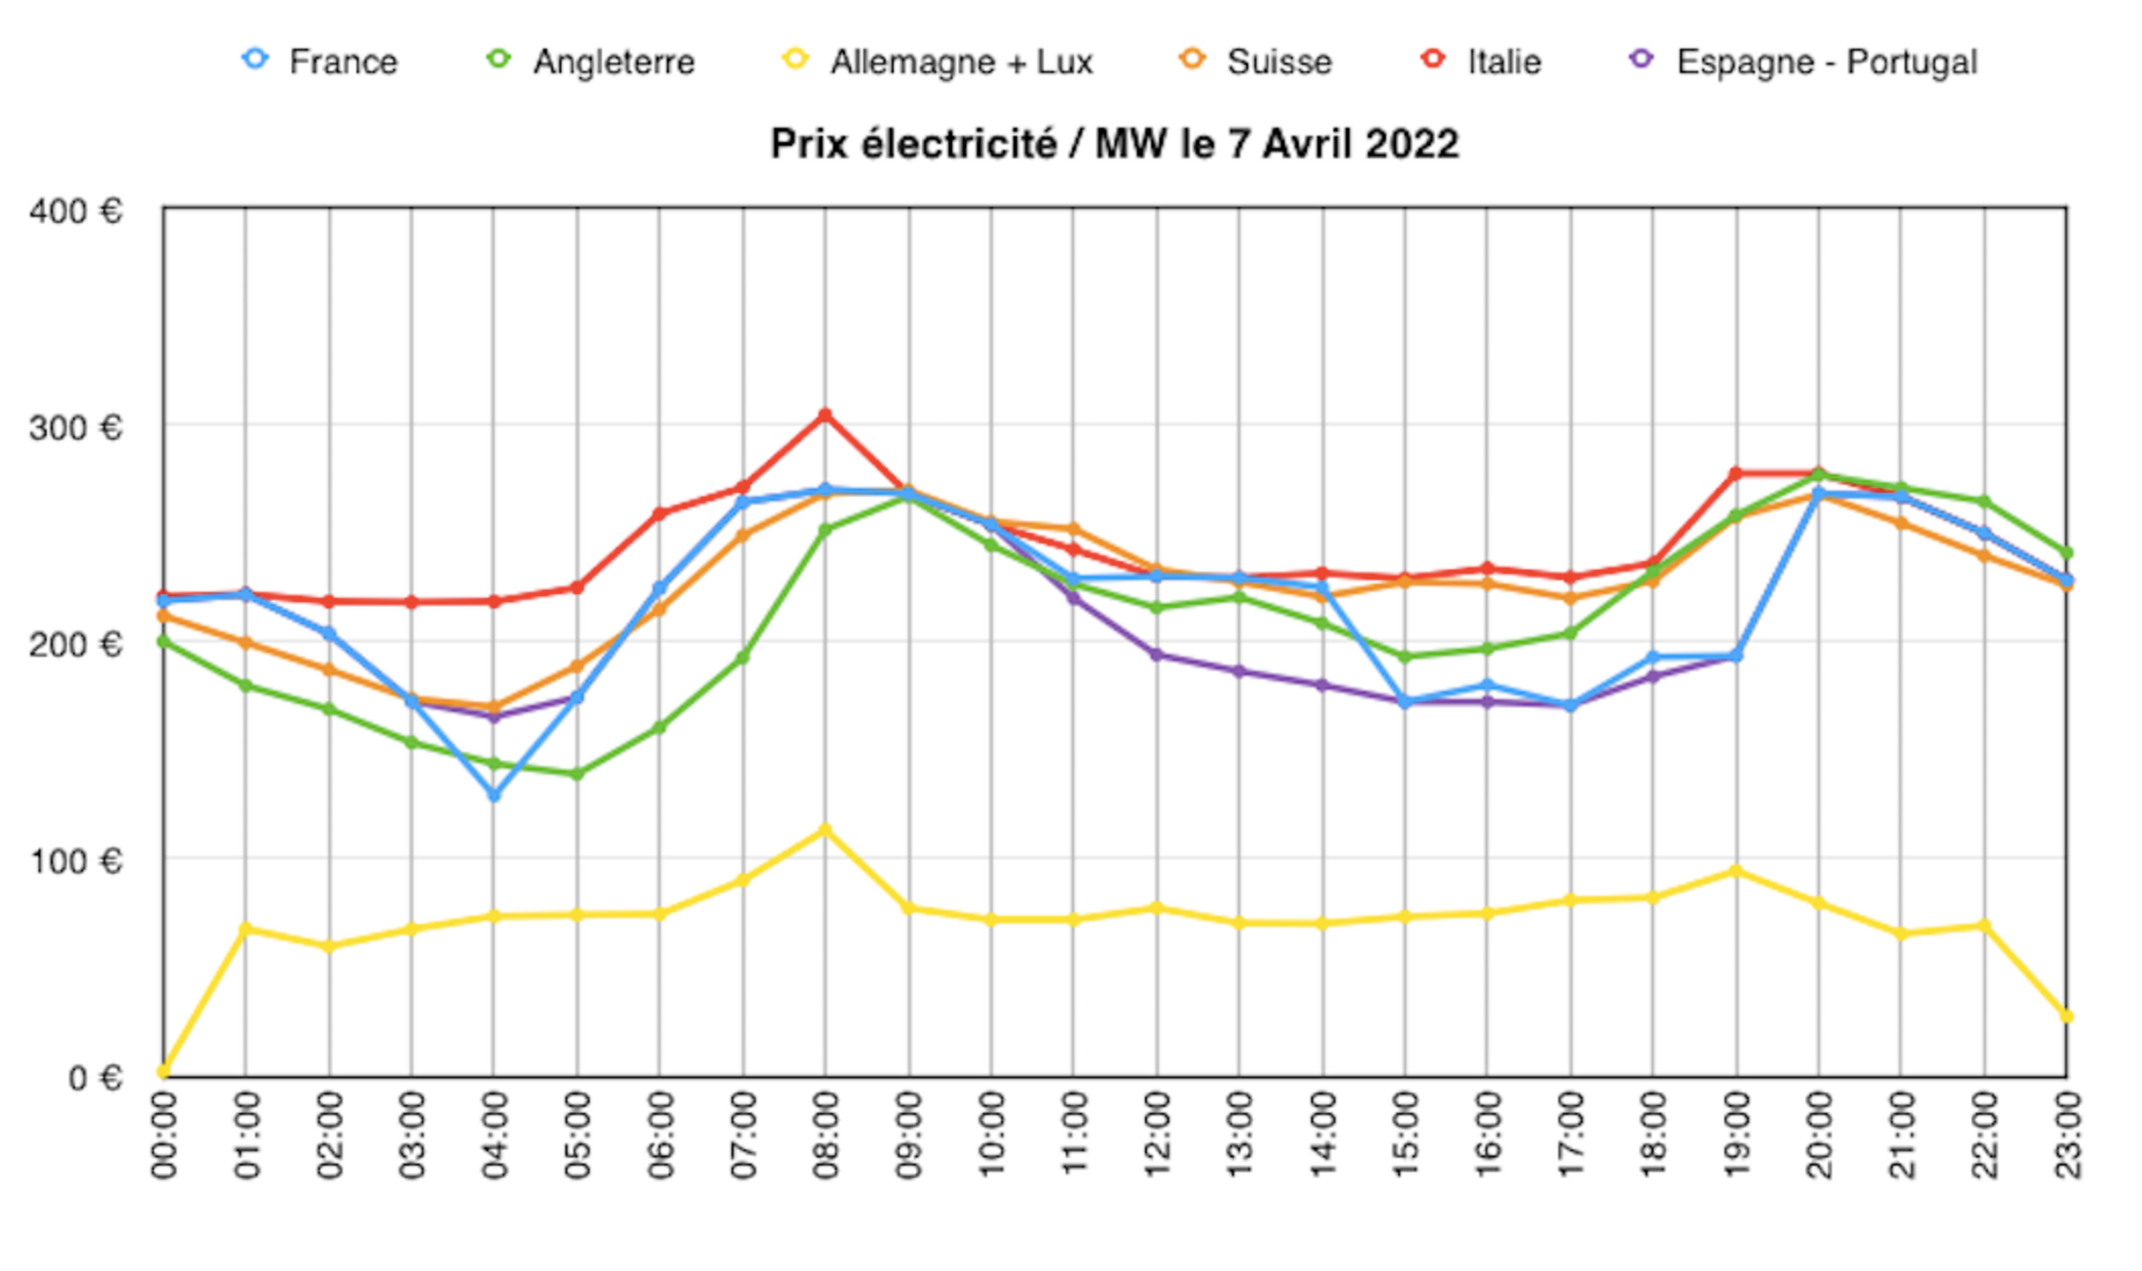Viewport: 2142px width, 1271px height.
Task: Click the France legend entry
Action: point(321,61)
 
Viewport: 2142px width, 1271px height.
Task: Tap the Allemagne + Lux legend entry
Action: point(940,61)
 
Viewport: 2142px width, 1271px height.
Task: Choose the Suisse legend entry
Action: point(1257,61)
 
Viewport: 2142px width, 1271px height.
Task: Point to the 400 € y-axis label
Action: point(76,210)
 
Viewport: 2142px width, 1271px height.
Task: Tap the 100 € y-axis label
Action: point(76,861)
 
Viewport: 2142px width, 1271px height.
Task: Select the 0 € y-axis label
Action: point(94,1077)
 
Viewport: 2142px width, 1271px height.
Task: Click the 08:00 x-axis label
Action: point(826,1135)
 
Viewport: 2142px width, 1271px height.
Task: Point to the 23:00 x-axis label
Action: point(2067,1135)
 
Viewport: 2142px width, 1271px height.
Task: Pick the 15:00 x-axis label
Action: point(1405,1135)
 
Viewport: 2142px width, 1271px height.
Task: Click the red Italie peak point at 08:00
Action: point(825,415)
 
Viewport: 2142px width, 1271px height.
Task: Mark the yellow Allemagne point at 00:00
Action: point(164,1072)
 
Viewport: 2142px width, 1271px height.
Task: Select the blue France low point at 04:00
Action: point(494,796)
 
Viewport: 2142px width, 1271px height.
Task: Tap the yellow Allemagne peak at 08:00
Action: point(825,830)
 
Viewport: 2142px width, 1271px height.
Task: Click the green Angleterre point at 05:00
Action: point(576,774)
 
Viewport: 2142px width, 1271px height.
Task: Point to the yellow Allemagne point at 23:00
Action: point(2066,1017)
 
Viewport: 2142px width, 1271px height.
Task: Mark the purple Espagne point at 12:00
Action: point(1157,654)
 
